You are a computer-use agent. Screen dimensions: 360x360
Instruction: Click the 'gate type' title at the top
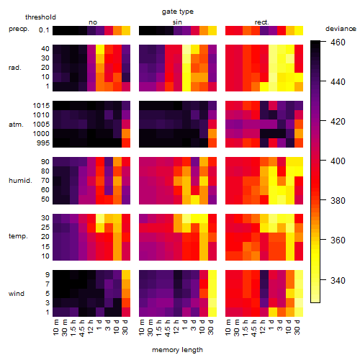[x=178, y=12]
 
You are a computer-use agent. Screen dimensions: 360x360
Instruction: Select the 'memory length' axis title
[x=177, y=350]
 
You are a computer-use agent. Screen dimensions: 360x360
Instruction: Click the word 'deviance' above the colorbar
[x=341, y=29]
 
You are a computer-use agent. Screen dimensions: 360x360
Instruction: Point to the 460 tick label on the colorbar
[x=338, y=42]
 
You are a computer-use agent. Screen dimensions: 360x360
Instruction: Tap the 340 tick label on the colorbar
[x=338, y=280]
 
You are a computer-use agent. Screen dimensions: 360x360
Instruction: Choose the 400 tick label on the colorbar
[x=338, y=161]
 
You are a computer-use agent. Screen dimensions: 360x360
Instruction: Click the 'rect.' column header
[x=261, y=22]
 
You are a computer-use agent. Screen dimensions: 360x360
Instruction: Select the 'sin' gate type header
[x=177, y=22]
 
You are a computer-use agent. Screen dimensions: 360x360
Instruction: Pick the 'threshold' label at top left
[x=40, y=17]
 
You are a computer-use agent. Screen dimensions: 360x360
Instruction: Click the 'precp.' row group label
[x=19, y=30]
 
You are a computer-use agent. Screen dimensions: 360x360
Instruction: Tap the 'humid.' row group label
[x=20, y=181]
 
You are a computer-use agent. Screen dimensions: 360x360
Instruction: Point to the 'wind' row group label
[x=17, y=294]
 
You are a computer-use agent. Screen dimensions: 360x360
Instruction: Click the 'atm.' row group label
[x=16, y=125]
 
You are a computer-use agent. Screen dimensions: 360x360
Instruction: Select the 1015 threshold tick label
[x=41, y=106]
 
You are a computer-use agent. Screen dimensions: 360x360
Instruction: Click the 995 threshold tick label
[x=43, y=143]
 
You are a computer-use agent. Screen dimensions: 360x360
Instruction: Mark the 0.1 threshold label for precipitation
[x=44, y=30]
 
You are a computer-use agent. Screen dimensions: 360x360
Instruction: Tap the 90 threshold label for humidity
[x=45, y=162]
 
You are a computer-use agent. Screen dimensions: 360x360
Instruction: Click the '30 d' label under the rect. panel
[x=297, y=327]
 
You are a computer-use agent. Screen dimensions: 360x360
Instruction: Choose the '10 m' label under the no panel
[x=55, y=327]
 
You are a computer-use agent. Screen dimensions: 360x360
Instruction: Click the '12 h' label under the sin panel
[x=176, y=327]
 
